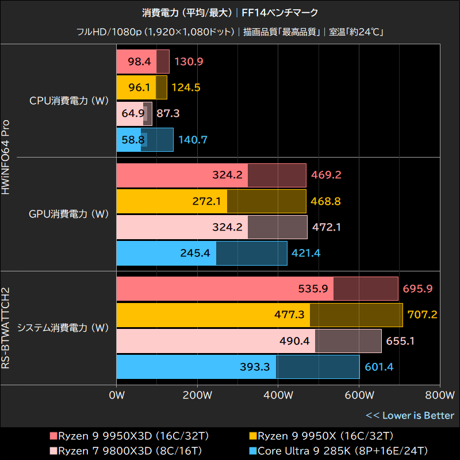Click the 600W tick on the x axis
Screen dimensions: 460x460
359,396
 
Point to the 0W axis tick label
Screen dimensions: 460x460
117,396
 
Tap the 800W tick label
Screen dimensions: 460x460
440,396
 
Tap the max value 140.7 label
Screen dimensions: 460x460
193,140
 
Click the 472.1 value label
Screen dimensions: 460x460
327,227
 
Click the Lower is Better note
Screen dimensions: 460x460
410,416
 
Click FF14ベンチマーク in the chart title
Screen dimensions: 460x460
280,12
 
